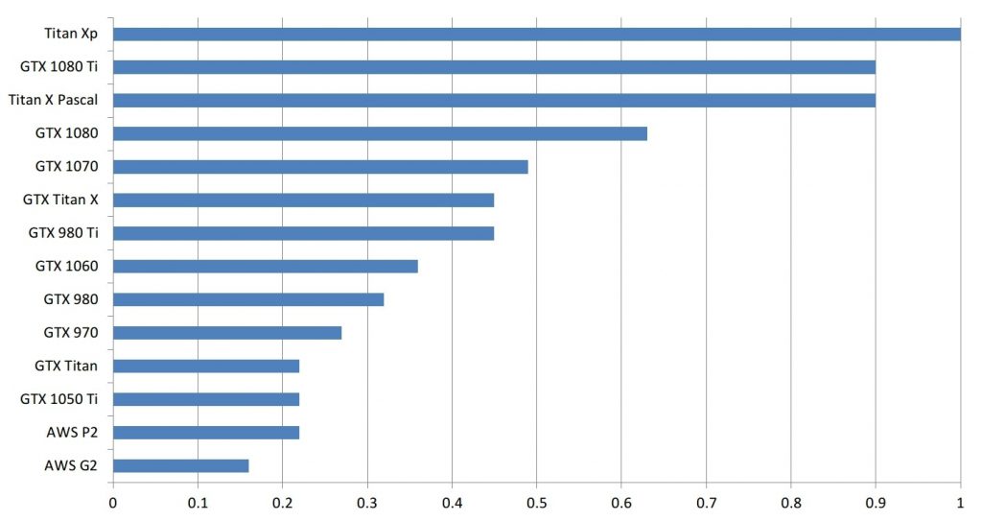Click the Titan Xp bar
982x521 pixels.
pyautogui.click(x=537, y=35)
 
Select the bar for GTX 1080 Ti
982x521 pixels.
pyautogui.click(x=494, y=67)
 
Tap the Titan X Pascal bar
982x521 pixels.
pyautogui.click(x=494, y=100)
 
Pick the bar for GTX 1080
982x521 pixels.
pyautogui.click(x=380, y=133)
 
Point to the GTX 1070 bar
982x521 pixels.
pyautogui.click(x=320, y=167)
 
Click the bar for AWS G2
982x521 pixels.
pyautogui.click(x=181, y=465)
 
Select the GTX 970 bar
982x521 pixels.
pyautogui.click(x=227, y=333)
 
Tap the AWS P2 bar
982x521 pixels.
pyautogui.click(x=206, y=432)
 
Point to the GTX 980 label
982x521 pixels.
pyautogui.click(x=71, y=299)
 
